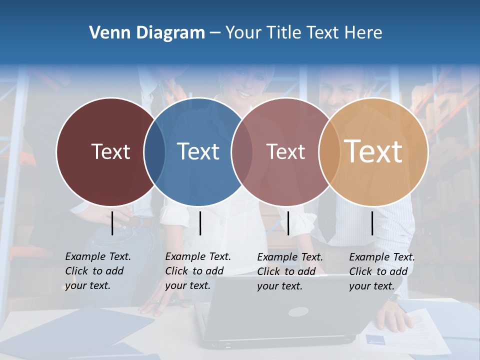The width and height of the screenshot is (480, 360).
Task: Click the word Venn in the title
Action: pyautogui.click(x=106, y=33)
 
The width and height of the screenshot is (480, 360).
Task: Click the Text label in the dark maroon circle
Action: pyautogui.click(x=110, y=151)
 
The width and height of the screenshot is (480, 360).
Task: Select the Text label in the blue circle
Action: pyautogui.click(x=198, y=151)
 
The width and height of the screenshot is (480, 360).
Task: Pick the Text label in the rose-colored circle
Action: pyautogui.click(x=285, y=151)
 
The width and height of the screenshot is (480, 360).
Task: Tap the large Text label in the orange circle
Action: pyautogui.click(x=373, y=151)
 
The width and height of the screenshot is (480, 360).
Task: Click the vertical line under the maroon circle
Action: pyautogui.click(x=112, y=223)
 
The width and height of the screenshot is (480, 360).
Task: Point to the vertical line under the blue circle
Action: pyautogui.click(x=200, y=223)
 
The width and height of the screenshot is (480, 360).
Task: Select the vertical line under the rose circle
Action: pyautogui.click(x=288, y=223)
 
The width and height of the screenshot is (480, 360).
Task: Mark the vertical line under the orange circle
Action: pyautogui.click(x=372, y=223)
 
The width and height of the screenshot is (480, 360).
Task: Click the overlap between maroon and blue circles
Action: pyautogui.click(x=154, y=151)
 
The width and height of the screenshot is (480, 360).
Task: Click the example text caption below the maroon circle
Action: pyautogui.click(x=97, y=271)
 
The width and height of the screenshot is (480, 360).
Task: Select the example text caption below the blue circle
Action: pyautogui.click(x=197, y=271)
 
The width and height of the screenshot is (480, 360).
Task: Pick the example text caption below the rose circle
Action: pyautogui.click(x=289, y=271)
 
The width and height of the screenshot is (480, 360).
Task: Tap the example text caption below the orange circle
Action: pyautogui.click(x=381, y=271)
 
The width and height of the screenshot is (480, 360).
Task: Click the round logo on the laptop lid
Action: pyautogui.click(x=298, y=312)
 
